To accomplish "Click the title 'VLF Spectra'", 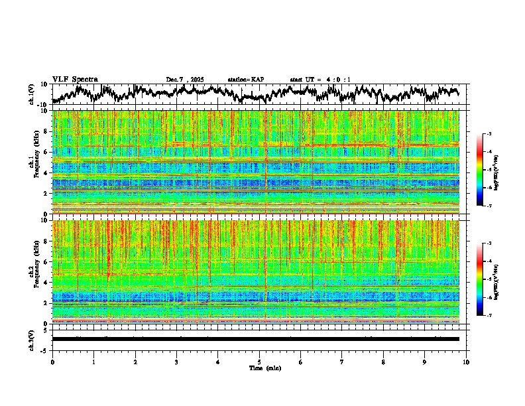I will tap(75, 80).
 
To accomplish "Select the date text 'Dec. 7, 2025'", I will tap(186, 80).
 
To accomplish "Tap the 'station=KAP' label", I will tap(245, 80).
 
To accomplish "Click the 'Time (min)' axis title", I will tap(259, 368).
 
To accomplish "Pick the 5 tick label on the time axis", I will tap(259, 362).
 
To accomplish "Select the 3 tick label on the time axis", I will tap(176, 362).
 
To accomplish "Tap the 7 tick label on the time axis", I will tap(342, 362).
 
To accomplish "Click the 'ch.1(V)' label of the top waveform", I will tap(32, 94).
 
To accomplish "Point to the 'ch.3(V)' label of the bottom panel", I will tap(32, 339).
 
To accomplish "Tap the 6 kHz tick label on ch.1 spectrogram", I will tap(46, 152).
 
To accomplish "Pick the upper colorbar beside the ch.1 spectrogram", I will tap(485, 170).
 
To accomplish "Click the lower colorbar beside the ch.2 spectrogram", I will tap(485, 279).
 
